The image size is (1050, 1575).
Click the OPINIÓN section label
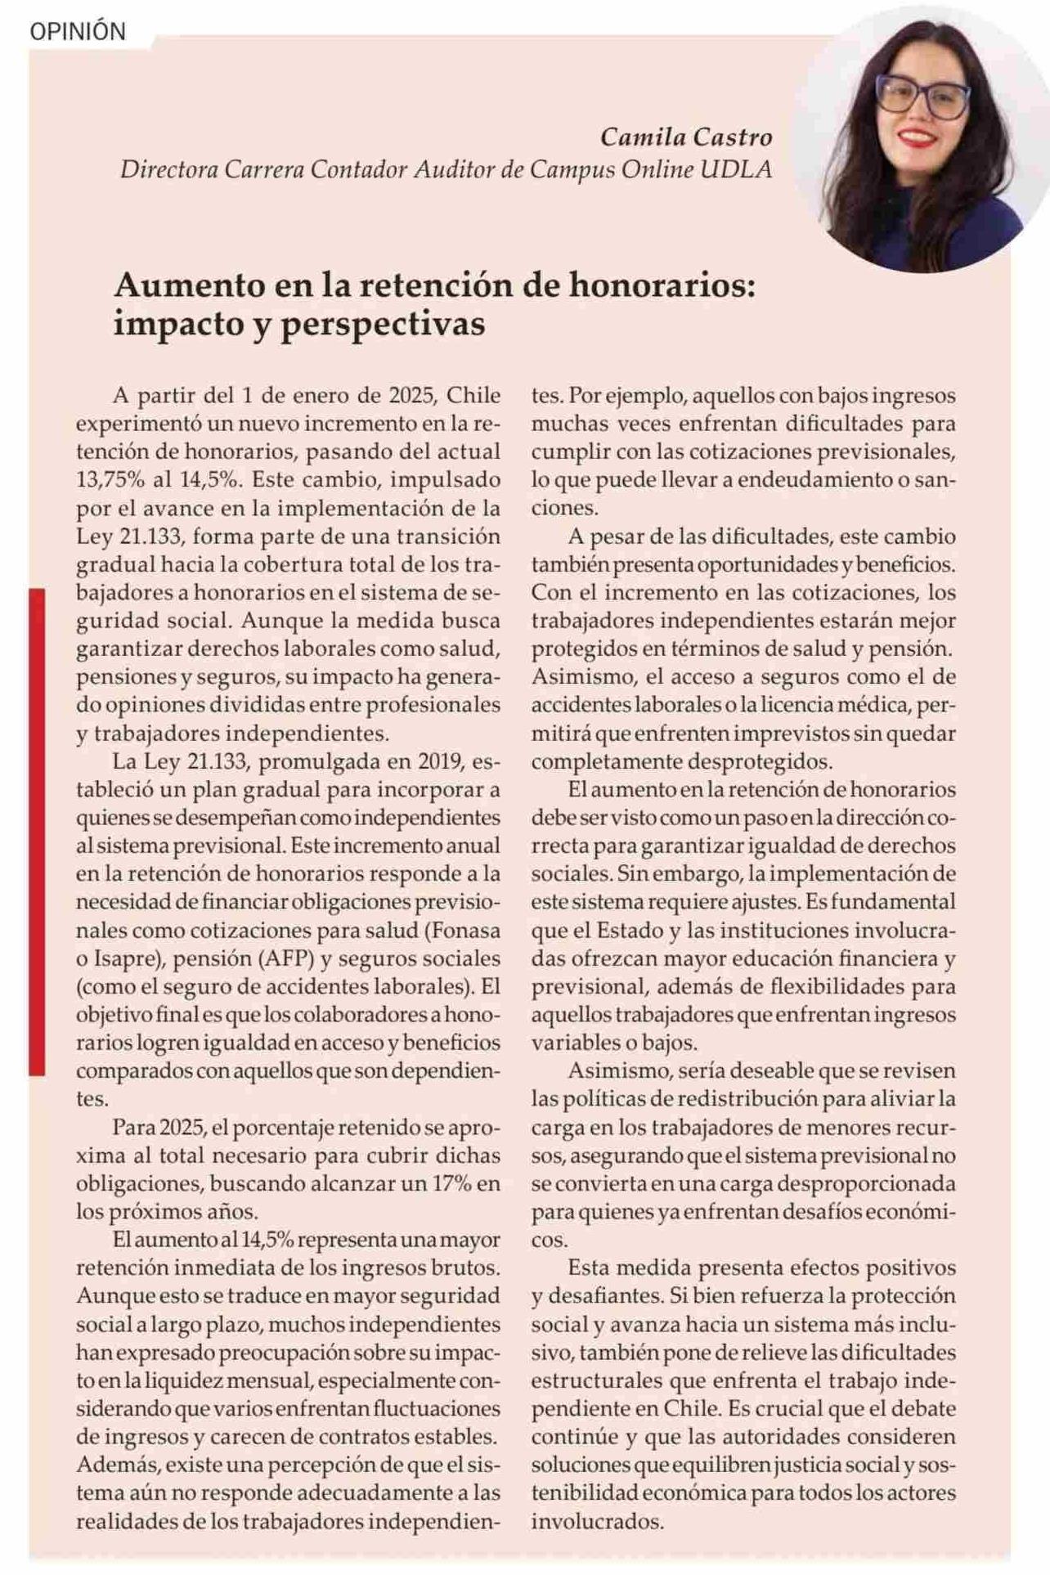pos(78,32)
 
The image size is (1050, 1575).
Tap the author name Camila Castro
pos(686,137)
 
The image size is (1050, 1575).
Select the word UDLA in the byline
pos(736,169)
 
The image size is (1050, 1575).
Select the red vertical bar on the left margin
pos(37,830)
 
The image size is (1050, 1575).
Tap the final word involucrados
pos(597,1521)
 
